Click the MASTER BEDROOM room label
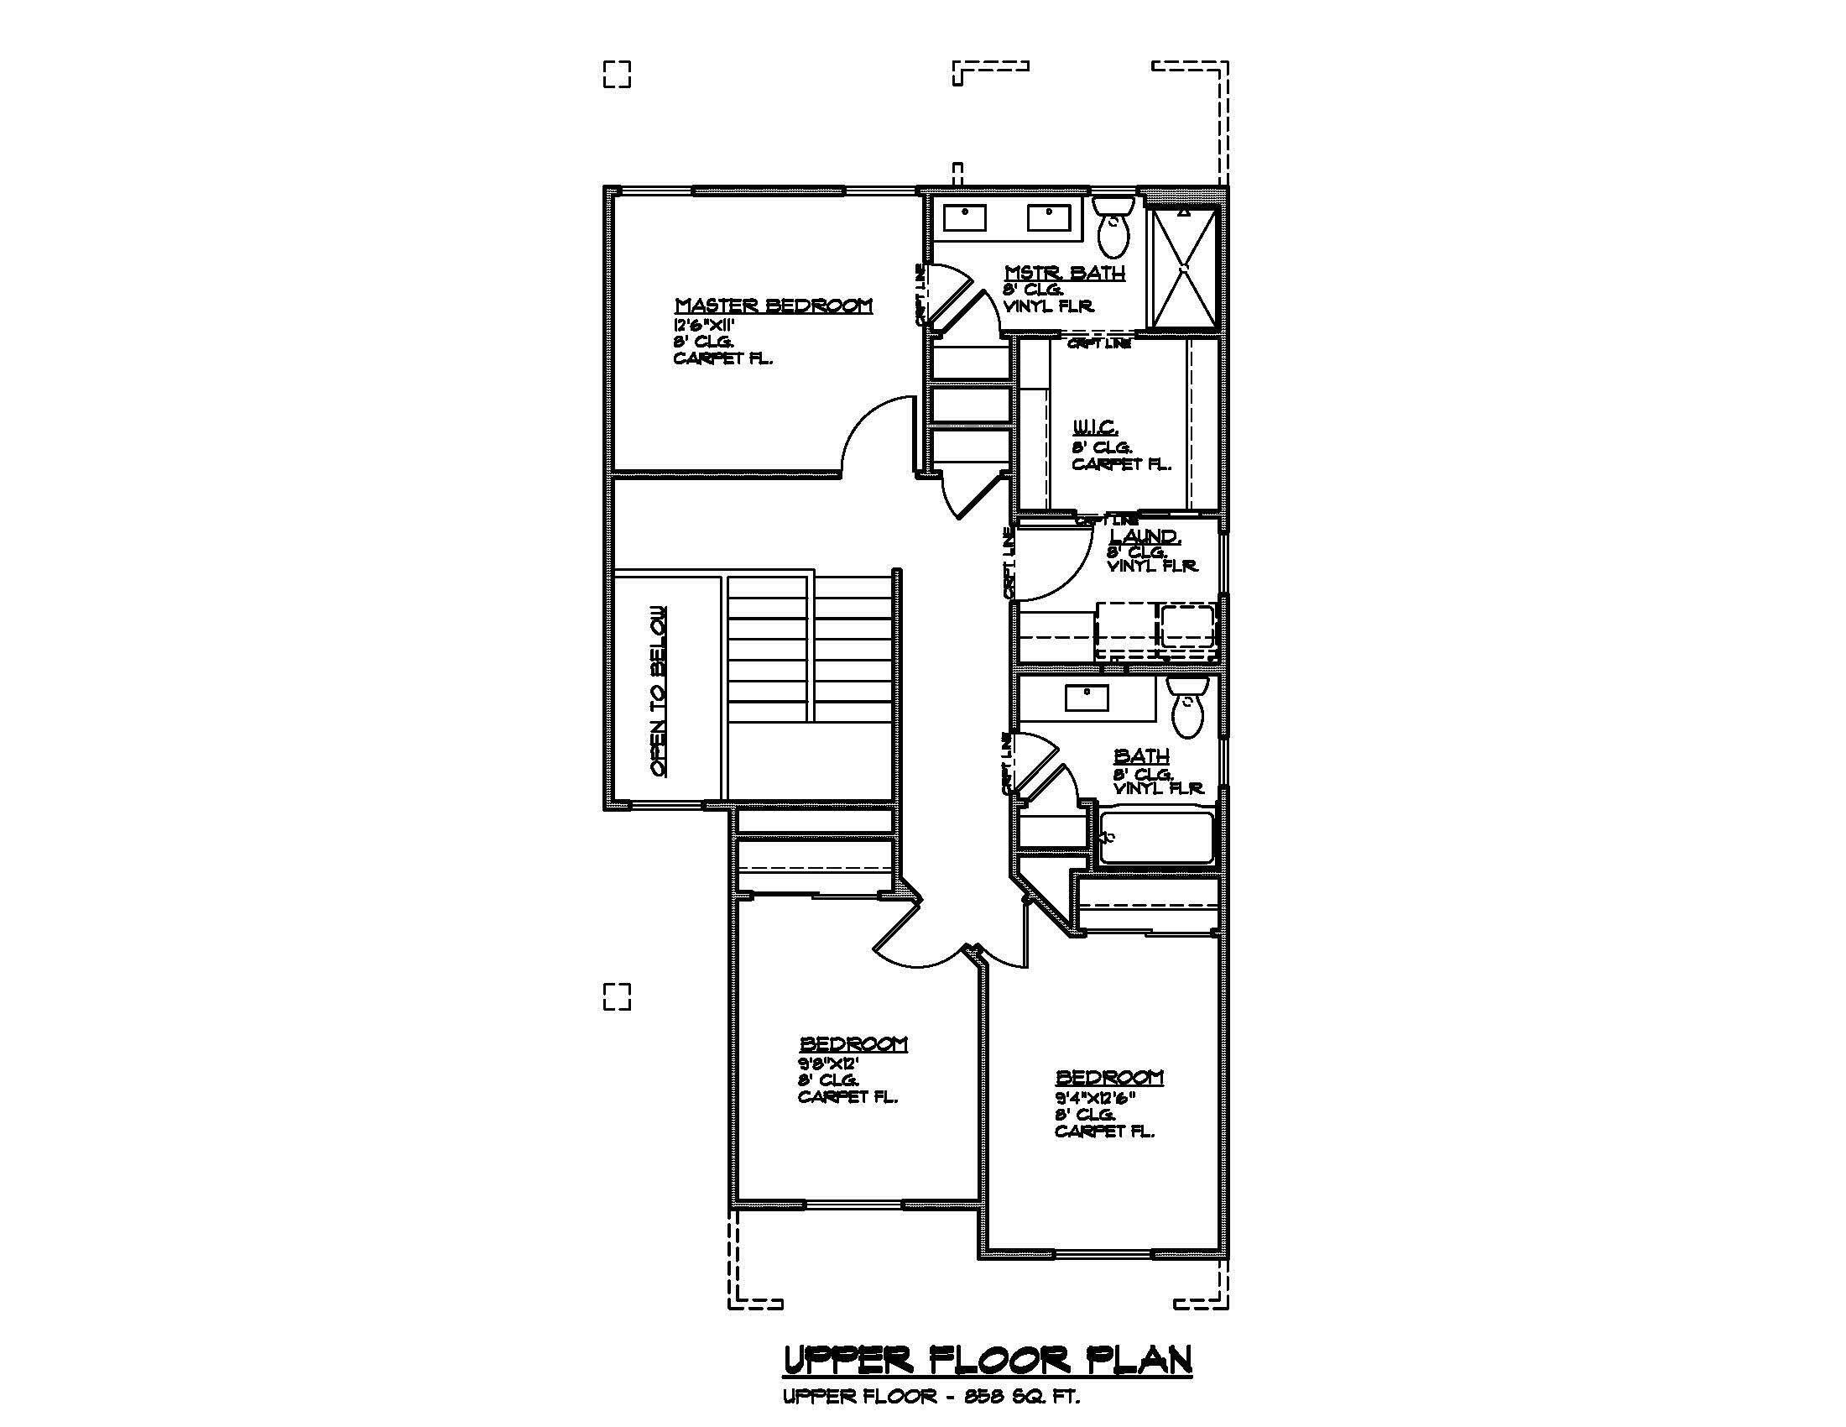tap(774, 306)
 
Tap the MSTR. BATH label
tap(1064, 272)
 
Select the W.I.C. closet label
tap(1094, 428)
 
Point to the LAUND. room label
tap(1145, 536)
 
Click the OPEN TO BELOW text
tap(659, 692)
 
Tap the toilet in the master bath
tap(1113, 227)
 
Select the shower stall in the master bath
tap(1184, 266)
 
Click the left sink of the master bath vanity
tap(964, 217)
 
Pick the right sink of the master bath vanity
tap(1049, 217)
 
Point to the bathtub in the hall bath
tap(1156, 838)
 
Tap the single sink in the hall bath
tap(1086, 698)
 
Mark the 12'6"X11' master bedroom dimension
tap(704, 325)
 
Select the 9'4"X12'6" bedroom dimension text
tap(1094, 1097)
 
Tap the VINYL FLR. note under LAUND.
tap(1152, 567)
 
